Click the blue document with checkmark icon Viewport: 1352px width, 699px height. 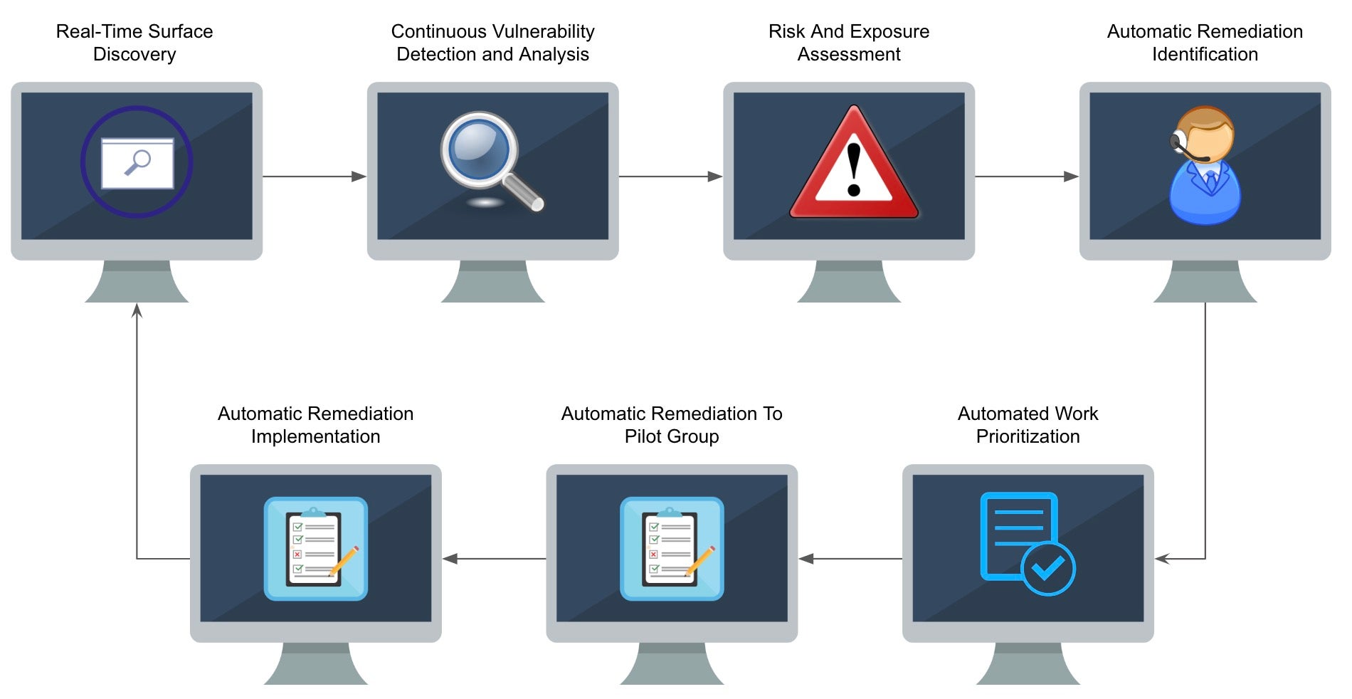[x=1026, y=543]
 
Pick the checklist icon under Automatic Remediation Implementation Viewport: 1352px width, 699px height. [x=315, y=548]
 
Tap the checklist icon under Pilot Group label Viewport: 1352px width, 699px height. [x=672, y=548]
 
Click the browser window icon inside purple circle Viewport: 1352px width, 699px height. [x=137, y=162]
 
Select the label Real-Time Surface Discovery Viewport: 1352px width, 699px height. [x=134, y=43]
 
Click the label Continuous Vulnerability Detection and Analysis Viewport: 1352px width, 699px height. [x=492, y=43]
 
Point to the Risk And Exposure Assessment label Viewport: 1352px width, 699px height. [x=848, y=43]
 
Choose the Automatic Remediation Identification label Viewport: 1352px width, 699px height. [x=1205, y=43]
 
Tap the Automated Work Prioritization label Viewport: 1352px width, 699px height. [x=1028, y=425]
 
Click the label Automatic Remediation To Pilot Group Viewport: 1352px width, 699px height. [x=671, y=425]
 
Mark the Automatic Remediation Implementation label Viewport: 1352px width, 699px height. [x=315, y=425]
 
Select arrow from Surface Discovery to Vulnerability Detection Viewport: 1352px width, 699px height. [x=314, y=177]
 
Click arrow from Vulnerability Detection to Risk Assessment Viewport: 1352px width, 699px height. [x=670, y=177]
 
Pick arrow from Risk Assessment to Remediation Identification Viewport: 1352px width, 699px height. [x=1026, y=177]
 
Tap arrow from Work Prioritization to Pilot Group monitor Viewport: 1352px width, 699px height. [x=850, y=559]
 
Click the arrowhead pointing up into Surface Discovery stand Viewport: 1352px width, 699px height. [x=137, y=310]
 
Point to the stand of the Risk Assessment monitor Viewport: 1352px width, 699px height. [x=848, y=282]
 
